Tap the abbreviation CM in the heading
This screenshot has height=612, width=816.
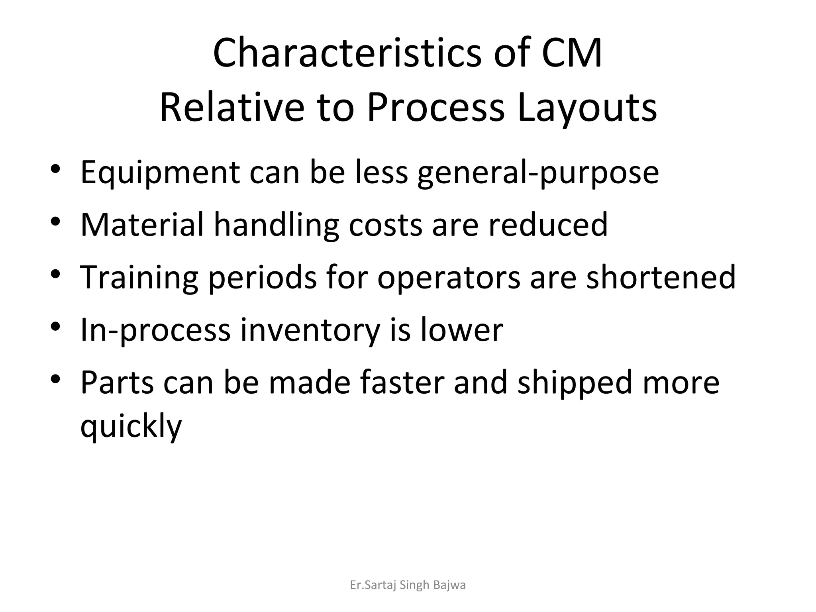point(571,53)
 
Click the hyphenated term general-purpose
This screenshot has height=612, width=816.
point(538,173)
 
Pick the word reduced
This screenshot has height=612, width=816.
point(548,225)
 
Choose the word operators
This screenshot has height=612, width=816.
point(449,277)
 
